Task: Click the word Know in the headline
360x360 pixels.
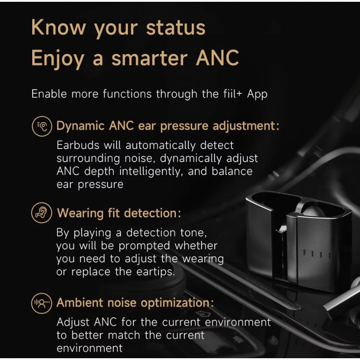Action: pyautogui.click(x=58, y=27)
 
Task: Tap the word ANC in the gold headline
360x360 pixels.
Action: pyautogui.click(x=217, y=58)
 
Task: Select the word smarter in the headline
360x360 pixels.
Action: pyautogui.click(x=149, y=58)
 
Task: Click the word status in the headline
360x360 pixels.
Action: pyautogui.click(x=176, y=28)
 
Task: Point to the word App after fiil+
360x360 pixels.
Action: pyautogui.click(x=257, y=94)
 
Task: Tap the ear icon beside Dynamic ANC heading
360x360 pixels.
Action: pyautogui.click(x=42, y=126)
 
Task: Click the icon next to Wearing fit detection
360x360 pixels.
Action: pyautogui.click(x=42, y=213)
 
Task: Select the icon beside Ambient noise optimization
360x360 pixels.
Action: pyautogui.click(x=42, y=303)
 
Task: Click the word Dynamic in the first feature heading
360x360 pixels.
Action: pyautogui.click(x=80, y=126)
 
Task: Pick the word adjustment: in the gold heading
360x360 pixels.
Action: pyautogui.click(x=246, y=126)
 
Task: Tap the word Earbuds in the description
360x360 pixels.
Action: pyautogui.click(x=78, y=146)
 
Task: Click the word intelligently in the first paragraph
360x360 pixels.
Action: pyautogui.click(x=151, y=172)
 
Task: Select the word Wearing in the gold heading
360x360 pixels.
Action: pyautogui.click(x=80, y=213)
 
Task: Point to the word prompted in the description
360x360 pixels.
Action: pyautogui.click(x=144, y=246)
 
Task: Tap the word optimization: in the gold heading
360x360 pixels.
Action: pyautogui.click(x=177, y=303)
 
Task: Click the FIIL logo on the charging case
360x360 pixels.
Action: pyautogui.click(x=317, y=254)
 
